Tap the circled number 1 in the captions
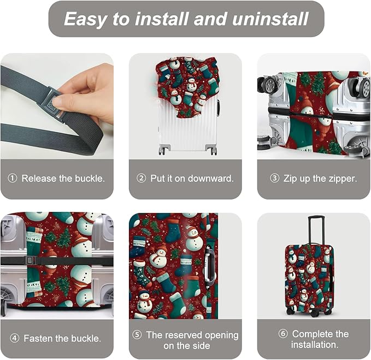(13, 179)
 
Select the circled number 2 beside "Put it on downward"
(142, 179)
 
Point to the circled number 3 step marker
(274, 179)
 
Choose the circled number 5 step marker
(138, 334)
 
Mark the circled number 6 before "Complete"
(283, 334)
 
